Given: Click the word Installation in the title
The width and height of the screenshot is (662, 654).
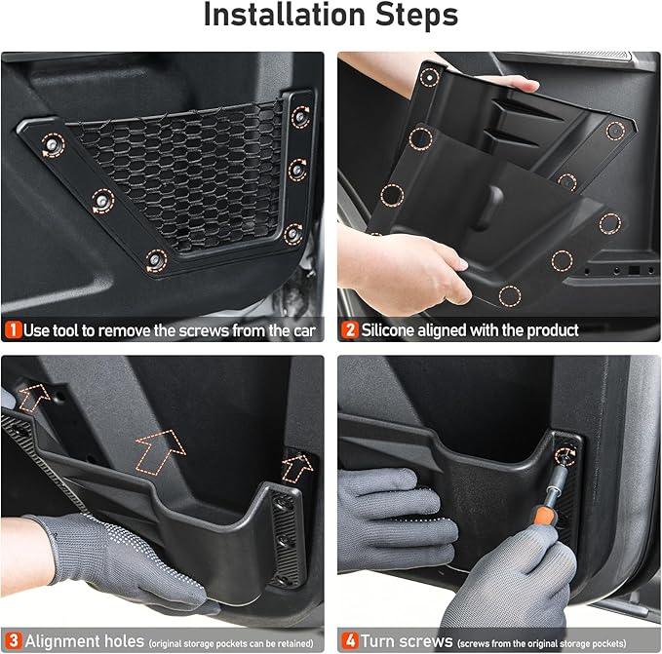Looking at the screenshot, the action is (285, 15).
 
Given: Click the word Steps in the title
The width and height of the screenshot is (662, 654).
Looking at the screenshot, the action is (416, 15).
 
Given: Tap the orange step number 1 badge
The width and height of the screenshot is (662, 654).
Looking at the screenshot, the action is (13, 330).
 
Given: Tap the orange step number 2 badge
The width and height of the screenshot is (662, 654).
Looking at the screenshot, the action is (350, 330).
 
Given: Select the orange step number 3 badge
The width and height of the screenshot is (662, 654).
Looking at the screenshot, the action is (14, 640).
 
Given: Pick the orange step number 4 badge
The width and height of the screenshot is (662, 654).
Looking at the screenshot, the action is (350, 640).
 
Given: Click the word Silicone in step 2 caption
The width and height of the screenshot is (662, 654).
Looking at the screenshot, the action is (388, 330).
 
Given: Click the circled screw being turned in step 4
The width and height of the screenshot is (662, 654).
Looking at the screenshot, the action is (565, 456).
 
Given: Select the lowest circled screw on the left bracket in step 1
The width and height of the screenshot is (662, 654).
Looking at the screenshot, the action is (156, 260).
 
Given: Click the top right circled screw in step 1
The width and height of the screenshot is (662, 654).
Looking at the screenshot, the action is (300, 117).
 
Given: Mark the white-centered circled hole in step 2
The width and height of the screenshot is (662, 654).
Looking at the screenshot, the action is (430, 77).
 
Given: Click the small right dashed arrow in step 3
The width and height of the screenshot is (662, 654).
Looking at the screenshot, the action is (297, 468).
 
